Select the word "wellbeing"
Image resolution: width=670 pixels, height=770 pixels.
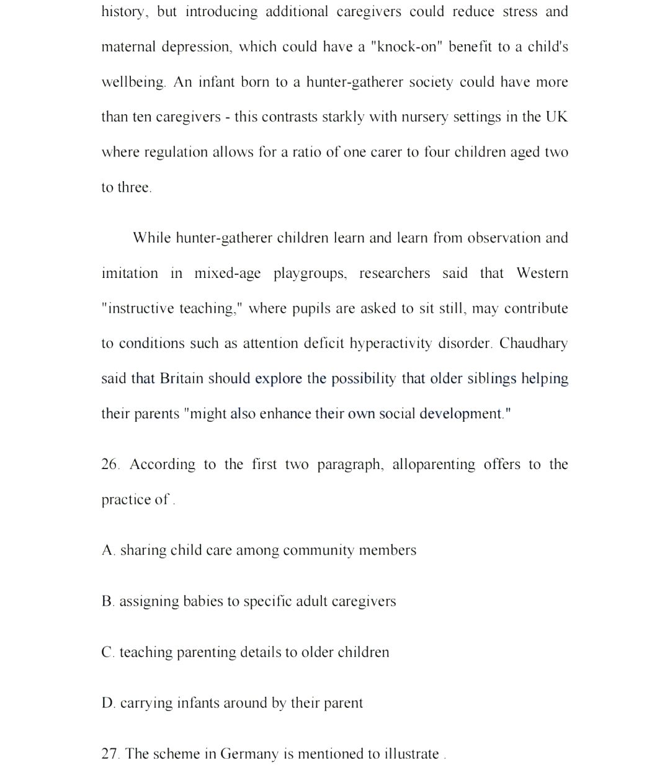133,83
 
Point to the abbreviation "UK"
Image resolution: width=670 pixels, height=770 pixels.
556,117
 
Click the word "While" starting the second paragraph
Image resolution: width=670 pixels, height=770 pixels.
151,238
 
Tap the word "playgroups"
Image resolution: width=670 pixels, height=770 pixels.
310,274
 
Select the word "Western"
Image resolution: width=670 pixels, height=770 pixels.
542,274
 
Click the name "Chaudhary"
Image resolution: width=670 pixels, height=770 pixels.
533,344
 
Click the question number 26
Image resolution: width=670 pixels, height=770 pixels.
110,465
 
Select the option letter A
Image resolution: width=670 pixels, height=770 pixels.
108,550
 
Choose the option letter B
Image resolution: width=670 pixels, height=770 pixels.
107,601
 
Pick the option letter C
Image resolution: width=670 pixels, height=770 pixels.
107,653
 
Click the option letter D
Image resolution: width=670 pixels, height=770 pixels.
108,704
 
